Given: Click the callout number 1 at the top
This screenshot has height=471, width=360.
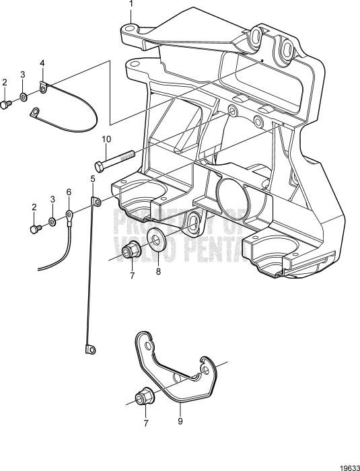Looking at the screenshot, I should pyautogui.click(x=131, y=5).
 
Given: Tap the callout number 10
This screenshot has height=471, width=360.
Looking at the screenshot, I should pyautogui.click(x=106, y=139).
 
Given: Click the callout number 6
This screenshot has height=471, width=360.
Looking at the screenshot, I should pyautogui.click(x=68, y=192).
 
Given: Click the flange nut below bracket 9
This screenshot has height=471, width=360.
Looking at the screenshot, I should pyautogui.click(x=143, y=398).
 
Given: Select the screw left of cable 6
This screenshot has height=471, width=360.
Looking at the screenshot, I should pyautogui.click(x=35, y=229).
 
